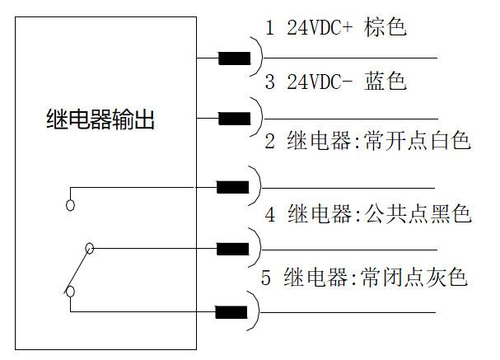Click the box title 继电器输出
click(100, 119)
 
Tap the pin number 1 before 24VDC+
click(270, 27)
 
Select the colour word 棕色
click(386, 27)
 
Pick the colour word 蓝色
click(386, 81)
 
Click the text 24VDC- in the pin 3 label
click(320, 82)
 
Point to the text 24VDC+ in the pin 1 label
click(320, 27)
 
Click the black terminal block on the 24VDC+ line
click(235, 58)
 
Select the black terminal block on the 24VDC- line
click(235, 119)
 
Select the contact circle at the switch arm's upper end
click(90, 248)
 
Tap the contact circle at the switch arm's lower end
click(70, 292)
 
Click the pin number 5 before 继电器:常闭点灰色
click(266, 278)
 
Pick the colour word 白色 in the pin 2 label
click(451, 140)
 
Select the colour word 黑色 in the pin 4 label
click(451, 213)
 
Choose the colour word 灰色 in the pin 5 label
click(446, 278)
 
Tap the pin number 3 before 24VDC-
click(270, 82)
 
